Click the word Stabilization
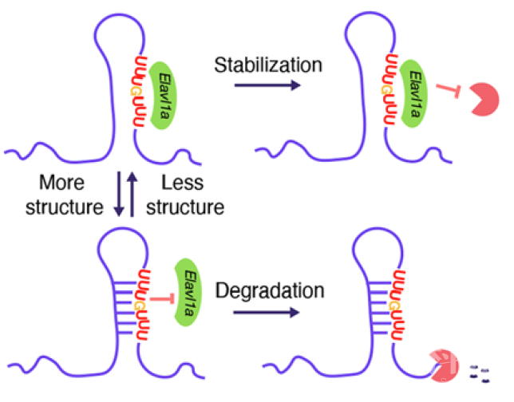point(267,64)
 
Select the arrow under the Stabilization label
point(267,87)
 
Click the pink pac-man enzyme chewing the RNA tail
point(443,366)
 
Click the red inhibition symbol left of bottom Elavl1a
point(164,298)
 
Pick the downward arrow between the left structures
point(117,196)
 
